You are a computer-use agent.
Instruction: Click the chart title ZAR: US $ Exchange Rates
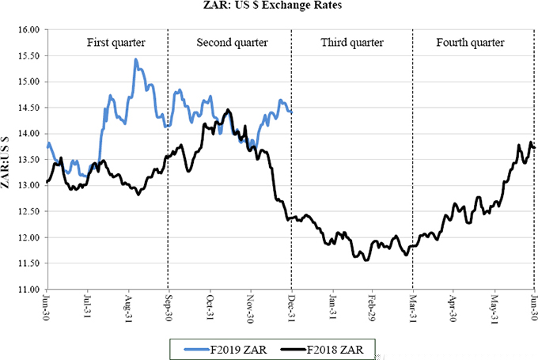269,8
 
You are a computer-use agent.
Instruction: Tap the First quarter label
108,42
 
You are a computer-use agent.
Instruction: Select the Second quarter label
232,42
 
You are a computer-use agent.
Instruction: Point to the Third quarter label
351,42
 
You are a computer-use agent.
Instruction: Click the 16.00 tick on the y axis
28,29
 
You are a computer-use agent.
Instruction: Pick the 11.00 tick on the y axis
28,290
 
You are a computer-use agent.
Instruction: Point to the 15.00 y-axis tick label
28,81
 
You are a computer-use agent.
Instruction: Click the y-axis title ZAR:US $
7,159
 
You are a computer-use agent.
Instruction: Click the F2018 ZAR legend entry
327,348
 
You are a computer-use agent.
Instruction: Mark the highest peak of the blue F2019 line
136,59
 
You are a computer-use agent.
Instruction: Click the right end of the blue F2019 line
291,112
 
